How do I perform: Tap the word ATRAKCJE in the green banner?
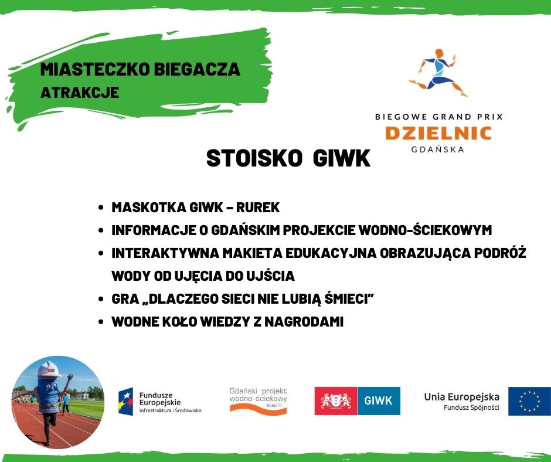point(80,93)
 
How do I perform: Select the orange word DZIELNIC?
point(438,133)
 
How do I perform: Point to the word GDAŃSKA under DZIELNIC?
point(438,149)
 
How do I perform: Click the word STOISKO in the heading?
point(254,158)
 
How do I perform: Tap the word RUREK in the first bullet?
point(257,208)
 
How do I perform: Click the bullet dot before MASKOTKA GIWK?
point(101,208)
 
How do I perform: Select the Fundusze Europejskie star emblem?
point(126,402)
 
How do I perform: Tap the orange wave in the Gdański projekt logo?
point(259,408)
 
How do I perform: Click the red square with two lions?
point(336,401)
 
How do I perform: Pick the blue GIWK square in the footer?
point(379,401)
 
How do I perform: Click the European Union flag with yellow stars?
point(529,401)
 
